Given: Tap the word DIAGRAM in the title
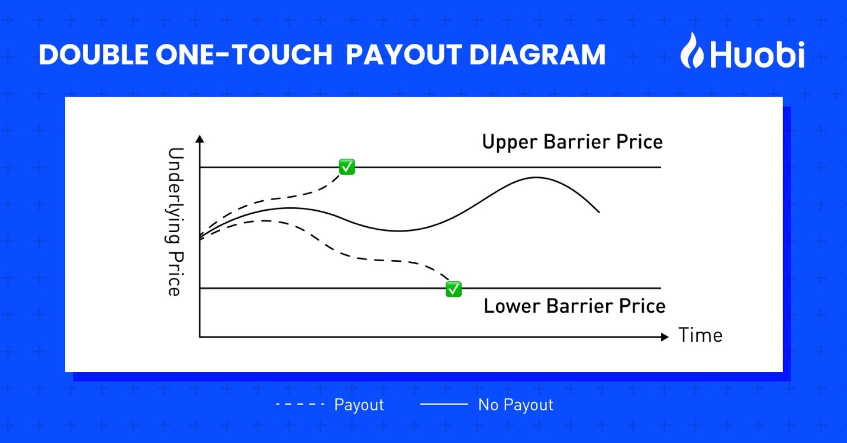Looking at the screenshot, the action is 537,55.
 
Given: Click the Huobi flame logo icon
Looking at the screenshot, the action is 692,50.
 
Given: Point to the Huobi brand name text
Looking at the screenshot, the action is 757,55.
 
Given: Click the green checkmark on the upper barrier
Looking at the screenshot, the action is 347,167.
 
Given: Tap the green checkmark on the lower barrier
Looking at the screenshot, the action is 453,290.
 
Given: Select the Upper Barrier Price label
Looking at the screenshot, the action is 572,142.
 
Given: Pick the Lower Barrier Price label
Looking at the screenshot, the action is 574,306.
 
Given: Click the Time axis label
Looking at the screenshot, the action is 700,335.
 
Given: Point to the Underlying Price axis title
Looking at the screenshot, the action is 175,221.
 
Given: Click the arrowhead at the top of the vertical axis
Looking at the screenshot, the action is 199,139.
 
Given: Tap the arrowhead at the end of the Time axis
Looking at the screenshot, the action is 665,337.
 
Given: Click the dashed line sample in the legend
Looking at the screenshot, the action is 300,405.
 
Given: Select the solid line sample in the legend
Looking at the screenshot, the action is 444,405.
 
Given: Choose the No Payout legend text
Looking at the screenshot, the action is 516,405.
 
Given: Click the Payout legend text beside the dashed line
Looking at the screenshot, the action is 359,405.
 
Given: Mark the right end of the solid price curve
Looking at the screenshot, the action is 600,212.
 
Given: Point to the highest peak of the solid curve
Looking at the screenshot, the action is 536,177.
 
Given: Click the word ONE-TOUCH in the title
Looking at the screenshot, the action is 244,55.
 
